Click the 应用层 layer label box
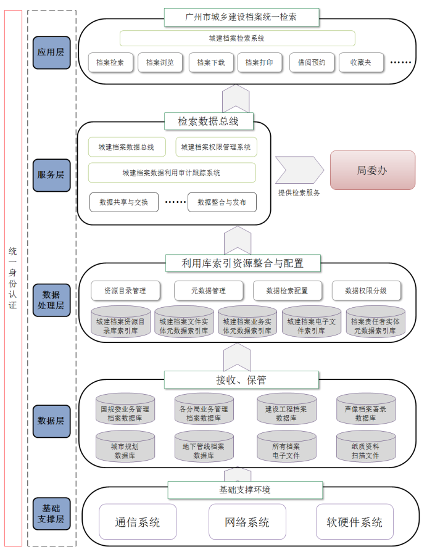coord(51,52)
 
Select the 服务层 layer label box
coord(51,175)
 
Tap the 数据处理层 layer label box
coord(51,300)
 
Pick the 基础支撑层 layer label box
coord(51,514)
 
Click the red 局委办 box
coord(373,170)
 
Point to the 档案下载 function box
coord(211,63)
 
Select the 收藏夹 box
coord(361,63)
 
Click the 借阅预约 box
coord(312,63)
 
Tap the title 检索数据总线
coord(208,122)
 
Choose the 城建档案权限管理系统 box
coord(217,147)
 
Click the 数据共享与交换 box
coord(124,202)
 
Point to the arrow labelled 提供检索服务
coord(299,170)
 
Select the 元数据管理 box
coord(209,290)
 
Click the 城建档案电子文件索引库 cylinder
coord(312,322)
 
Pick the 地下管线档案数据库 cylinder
coord(204,446)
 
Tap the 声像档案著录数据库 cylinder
coord(366,409)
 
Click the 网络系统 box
coord(247,522)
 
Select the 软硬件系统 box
coord(354,522)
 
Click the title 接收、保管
coord(241,380)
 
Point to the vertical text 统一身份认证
coord(13,278)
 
